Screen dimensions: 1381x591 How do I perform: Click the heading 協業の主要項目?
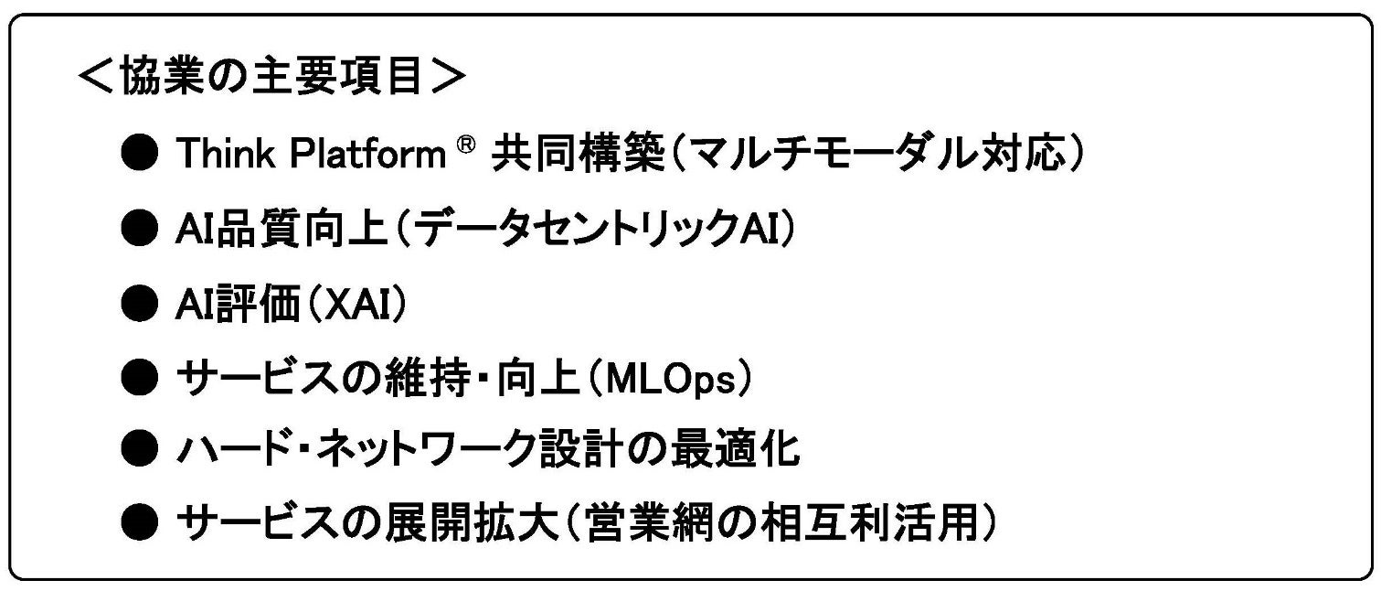point(271,80)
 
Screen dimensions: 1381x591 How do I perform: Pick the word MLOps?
point(678,378)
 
